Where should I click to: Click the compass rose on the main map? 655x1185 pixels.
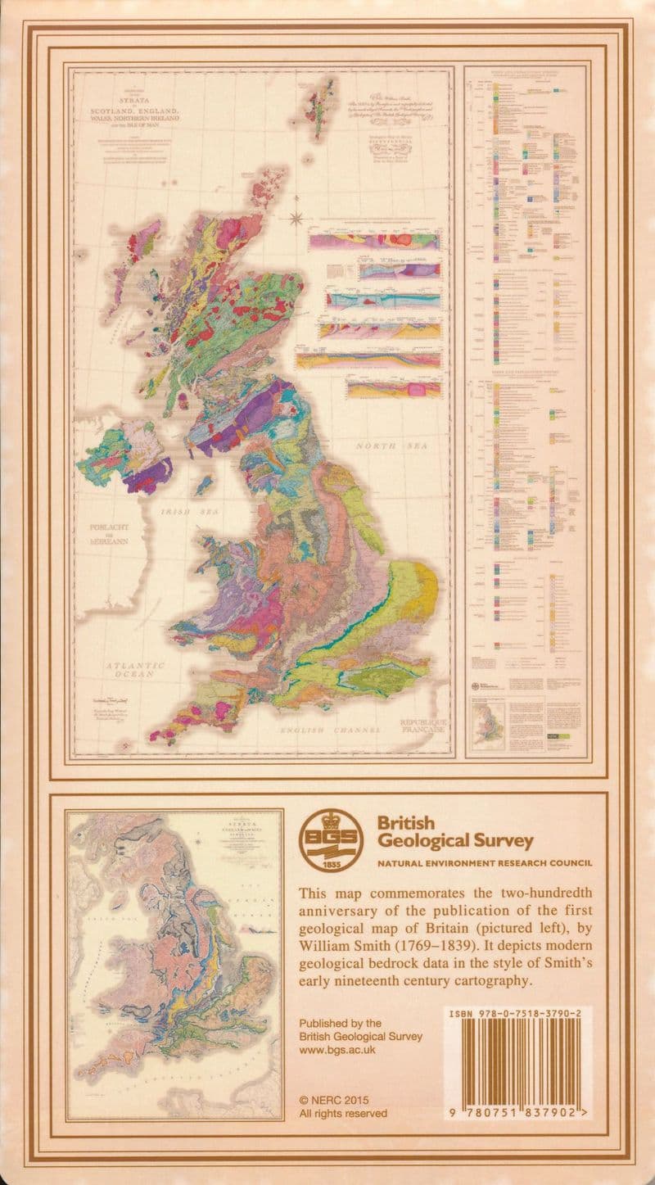(296, 218)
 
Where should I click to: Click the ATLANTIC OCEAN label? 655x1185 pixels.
(134, 672)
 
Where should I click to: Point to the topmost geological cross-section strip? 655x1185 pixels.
(374, 241)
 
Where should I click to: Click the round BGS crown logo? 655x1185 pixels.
(330, 840)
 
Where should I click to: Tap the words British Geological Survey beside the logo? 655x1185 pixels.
(454, 831)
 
